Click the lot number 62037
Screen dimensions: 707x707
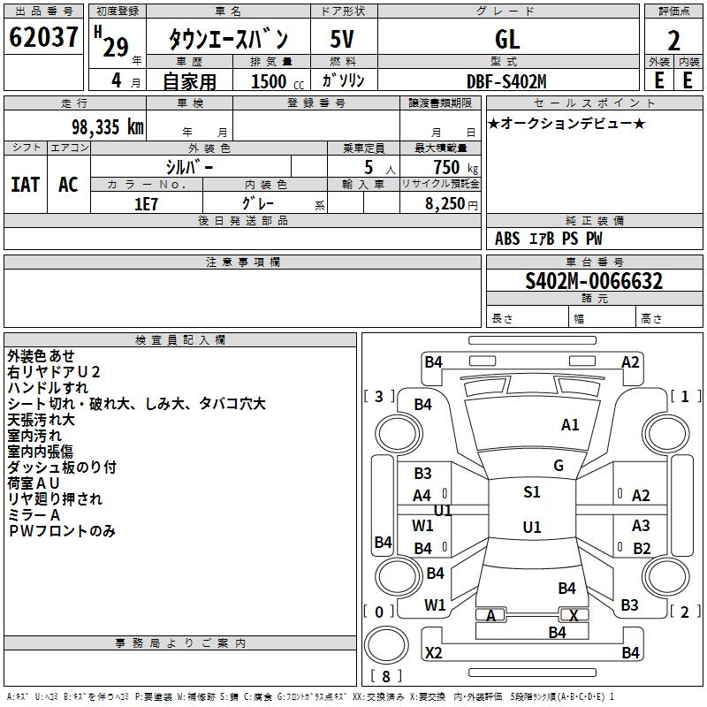point(43,37)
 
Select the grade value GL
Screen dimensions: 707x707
point(507,39)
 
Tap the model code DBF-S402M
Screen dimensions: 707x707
point(506,81)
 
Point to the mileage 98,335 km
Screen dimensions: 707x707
point(107,127)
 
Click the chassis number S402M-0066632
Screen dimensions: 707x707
point(594,281)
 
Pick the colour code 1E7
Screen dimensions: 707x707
point(146,204)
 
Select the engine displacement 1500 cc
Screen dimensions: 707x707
point(277,81)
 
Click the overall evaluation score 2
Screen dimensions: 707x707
point(673,41)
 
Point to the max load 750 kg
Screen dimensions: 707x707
point(455,168)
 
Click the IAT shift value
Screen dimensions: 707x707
point(25,185)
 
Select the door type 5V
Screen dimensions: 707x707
point(342,39)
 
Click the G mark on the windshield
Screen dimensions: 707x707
point(559,465)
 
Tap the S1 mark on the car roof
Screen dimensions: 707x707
point(532,491)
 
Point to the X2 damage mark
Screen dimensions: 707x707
point(433,652)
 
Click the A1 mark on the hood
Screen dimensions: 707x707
point(570,424)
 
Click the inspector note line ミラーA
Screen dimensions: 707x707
point(34,515)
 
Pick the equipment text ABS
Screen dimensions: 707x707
point(507,239)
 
